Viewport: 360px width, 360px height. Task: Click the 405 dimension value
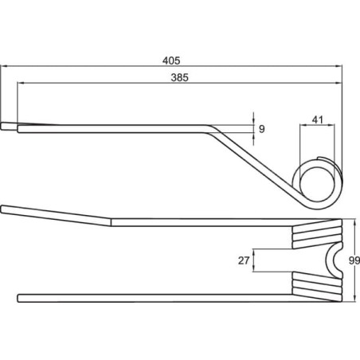pos(171,61)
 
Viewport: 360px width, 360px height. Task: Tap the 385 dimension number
pos(180,77)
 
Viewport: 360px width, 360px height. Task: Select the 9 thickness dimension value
pos(262,129)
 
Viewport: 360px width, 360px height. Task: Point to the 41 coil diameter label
pos(318,119)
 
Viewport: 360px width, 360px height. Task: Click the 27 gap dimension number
pos(244,260)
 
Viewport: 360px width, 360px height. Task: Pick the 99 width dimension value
pos(354,260)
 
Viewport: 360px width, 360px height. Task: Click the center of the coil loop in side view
pos(318,183)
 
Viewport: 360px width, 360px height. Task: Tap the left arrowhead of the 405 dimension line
pos(4,66)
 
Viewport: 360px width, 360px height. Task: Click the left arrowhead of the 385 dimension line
pos(21,83)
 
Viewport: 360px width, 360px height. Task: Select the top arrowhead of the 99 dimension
pos(355,222)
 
